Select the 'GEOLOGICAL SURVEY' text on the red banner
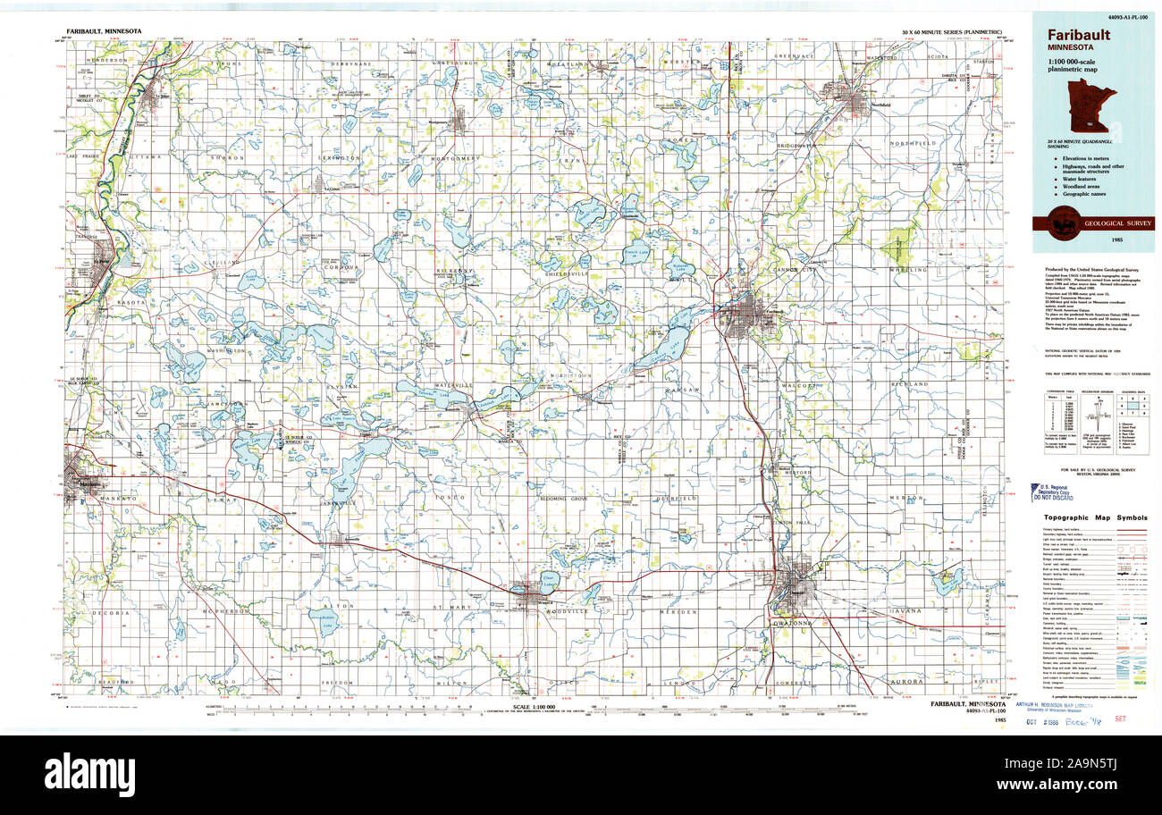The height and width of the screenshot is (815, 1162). point(1108,223)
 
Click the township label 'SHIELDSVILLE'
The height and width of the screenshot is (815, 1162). point(563,274)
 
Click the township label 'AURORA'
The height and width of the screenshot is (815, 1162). point(906,681)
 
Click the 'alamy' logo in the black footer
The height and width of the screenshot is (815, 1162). point(89,774)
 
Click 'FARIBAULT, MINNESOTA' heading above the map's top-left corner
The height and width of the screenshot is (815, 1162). point(105,31)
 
